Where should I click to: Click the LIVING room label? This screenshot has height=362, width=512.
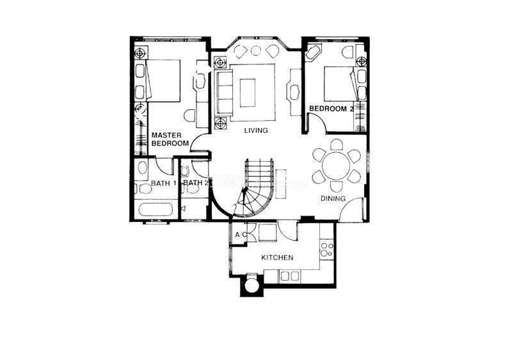click(256, 130)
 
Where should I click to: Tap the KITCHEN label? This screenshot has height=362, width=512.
click(277, 258)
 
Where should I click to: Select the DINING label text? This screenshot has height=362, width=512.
click(333, 198)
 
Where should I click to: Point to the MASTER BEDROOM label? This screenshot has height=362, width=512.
click(170, 139)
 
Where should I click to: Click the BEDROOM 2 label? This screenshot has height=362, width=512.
click(331, 109)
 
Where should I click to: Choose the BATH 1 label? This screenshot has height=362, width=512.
click(163, 183)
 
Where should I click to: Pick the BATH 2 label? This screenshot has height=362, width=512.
click(196, 183)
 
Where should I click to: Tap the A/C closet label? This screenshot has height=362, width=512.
click(241, 235)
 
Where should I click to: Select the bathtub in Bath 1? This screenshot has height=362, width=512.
click(155, 210)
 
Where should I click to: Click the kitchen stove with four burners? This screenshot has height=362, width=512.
click(326, 249)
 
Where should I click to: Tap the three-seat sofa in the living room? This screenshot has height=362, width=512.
click(223, 93)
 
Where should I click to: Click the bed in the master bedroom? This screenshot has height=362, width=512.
click(163, 81)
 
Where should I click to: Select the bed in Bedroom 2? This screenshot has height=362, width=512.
click(339, 84)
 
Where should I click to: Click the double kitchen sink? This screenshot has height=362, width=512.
click(290, 276)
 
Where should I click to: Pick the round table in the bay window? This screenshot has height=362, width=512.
click(255, 51)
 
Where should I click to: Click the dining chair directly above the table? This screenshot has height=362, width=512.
click(337, 145)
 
